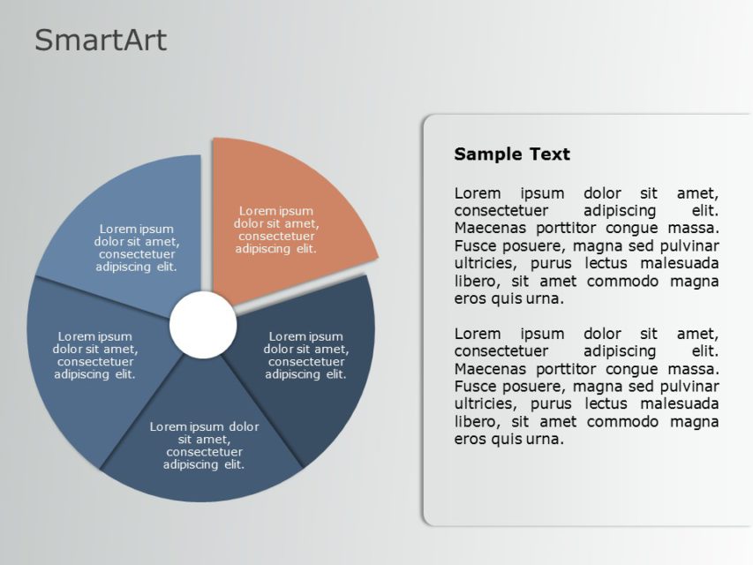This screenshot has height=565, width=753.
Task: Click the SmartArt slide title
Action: [100, 41]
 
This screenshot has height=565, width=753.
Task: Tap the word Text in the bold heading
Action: [550, 154]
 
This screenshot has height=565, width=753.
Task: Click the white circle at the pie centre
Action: [203, 326]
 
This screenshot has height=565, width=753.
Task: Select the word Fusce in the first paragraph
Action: [475, 245]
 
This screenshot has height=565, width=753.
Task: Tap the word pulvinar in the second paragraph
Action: [687, 387]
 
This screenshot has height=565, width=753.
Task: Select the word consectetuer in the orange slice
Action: [276, 236]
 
